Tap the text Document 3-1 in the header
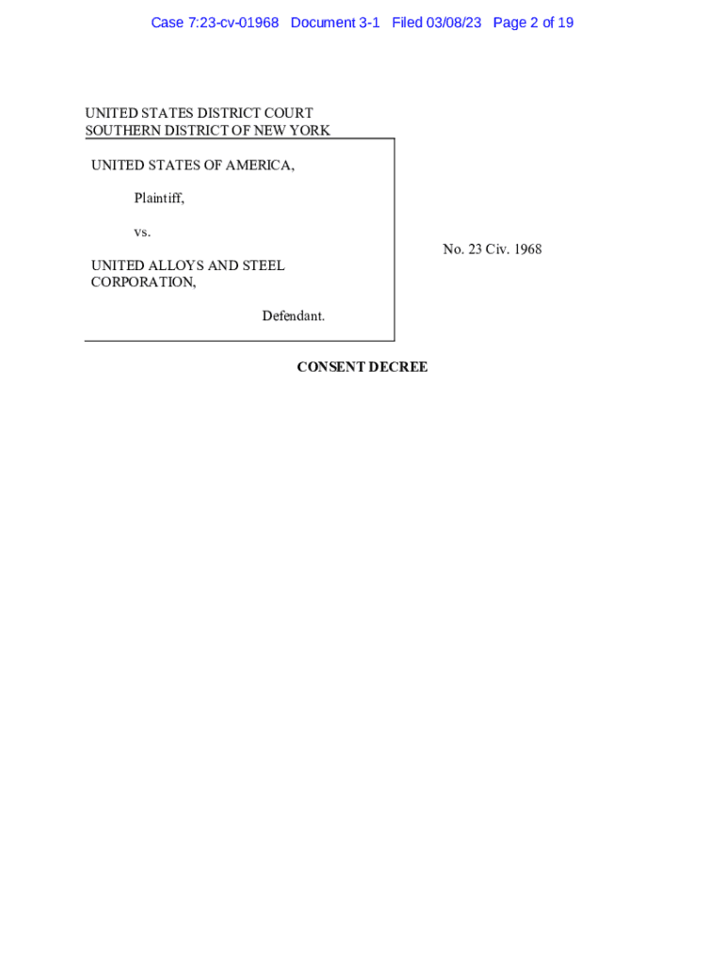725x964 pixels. click(x=335, y=23)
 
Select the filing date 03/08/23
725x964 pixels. click(x=453, y=23)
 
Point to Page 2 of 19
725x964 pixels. click(x=533, y=23)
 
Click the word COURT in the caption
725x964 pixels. click(x=285, y=114)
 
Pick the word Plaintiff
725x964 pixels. click(x=158, y=199)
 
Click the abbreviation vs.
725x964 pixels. click(x=142, y=232)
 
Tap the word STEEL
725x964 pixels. click(x=264, y=265)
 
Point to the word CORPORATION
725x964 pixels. click(x=143, y=282)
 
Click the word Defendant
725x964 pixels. click(x=293, y=316)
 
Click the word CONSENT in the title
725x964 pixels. click(x=330, y=367)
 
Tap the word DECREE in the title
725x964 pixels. click(x=398, y=367)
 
